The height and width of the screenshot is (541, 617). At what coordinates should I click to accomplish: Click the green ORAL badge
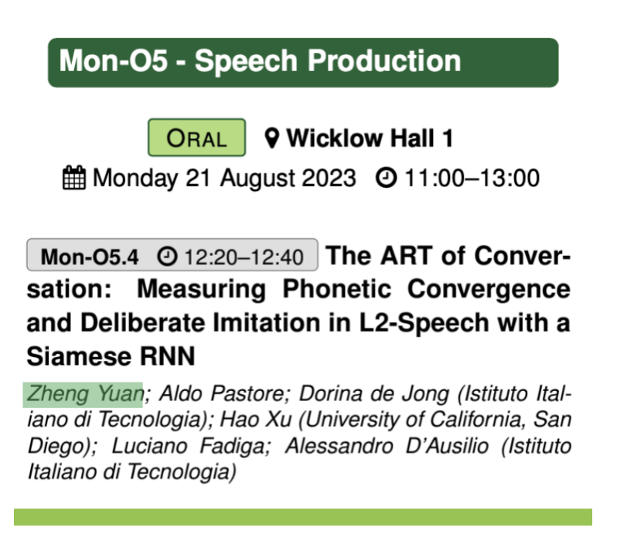coord(196,138)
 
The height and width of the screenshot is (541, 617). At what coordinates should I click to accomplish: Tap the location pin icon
coord(271,138)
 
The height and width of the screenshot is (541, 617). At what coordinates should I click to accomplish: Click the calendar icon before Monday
coord(74,179)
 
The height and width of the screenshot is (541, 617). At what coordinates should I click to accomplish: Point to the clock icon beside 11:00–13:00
coord(383,179)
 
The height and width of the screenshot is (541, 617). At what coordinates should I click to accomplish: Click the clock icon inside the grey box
coord(166,255)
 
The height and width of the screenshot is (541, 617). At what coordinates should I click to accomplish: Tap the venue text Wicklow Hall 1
coord(370,139)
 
